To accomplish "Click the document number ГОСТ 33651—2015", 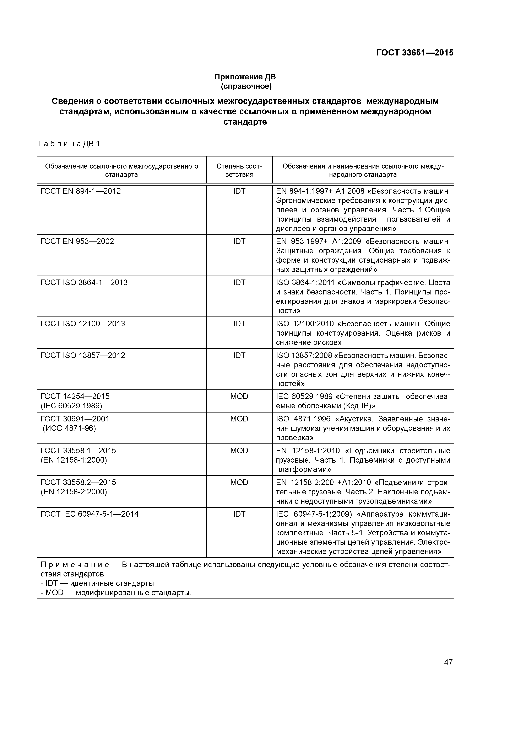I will tap(415, 53).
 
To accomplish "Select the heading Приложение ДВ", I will tap(245, 77).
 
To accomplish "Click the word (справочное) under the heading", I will tap(246, 86).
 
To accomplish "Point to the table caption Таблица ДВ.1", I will tap(68, 144).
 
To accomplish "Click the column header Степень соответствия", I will tap(239, 170).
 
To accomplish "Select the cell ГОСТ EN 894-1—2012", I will tap(81, 191).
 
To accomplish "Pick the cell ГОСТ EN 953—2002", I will tap(77, 241).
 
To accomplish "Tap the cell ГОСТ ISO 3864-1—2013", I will tap(84, 283).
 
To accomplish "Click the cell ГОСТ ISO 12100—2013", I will tap(83, 324).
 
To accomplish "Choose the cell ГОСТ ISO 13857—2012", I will tap(83, 355).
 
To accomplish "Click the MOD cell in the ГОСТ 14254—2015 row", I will tap(239, 397).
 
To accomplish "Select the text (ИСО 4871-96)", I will tap(69, 428).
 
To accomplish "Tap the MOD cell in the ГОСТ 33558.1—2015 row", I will tap(239, 451).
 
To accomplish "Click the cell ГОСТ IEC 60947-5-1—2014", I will tap(90, 514).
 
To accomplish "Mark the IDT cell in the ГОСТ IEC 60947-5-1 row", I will tap(239, 514).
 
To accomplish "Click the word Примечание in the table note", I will tap(75, 565).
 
